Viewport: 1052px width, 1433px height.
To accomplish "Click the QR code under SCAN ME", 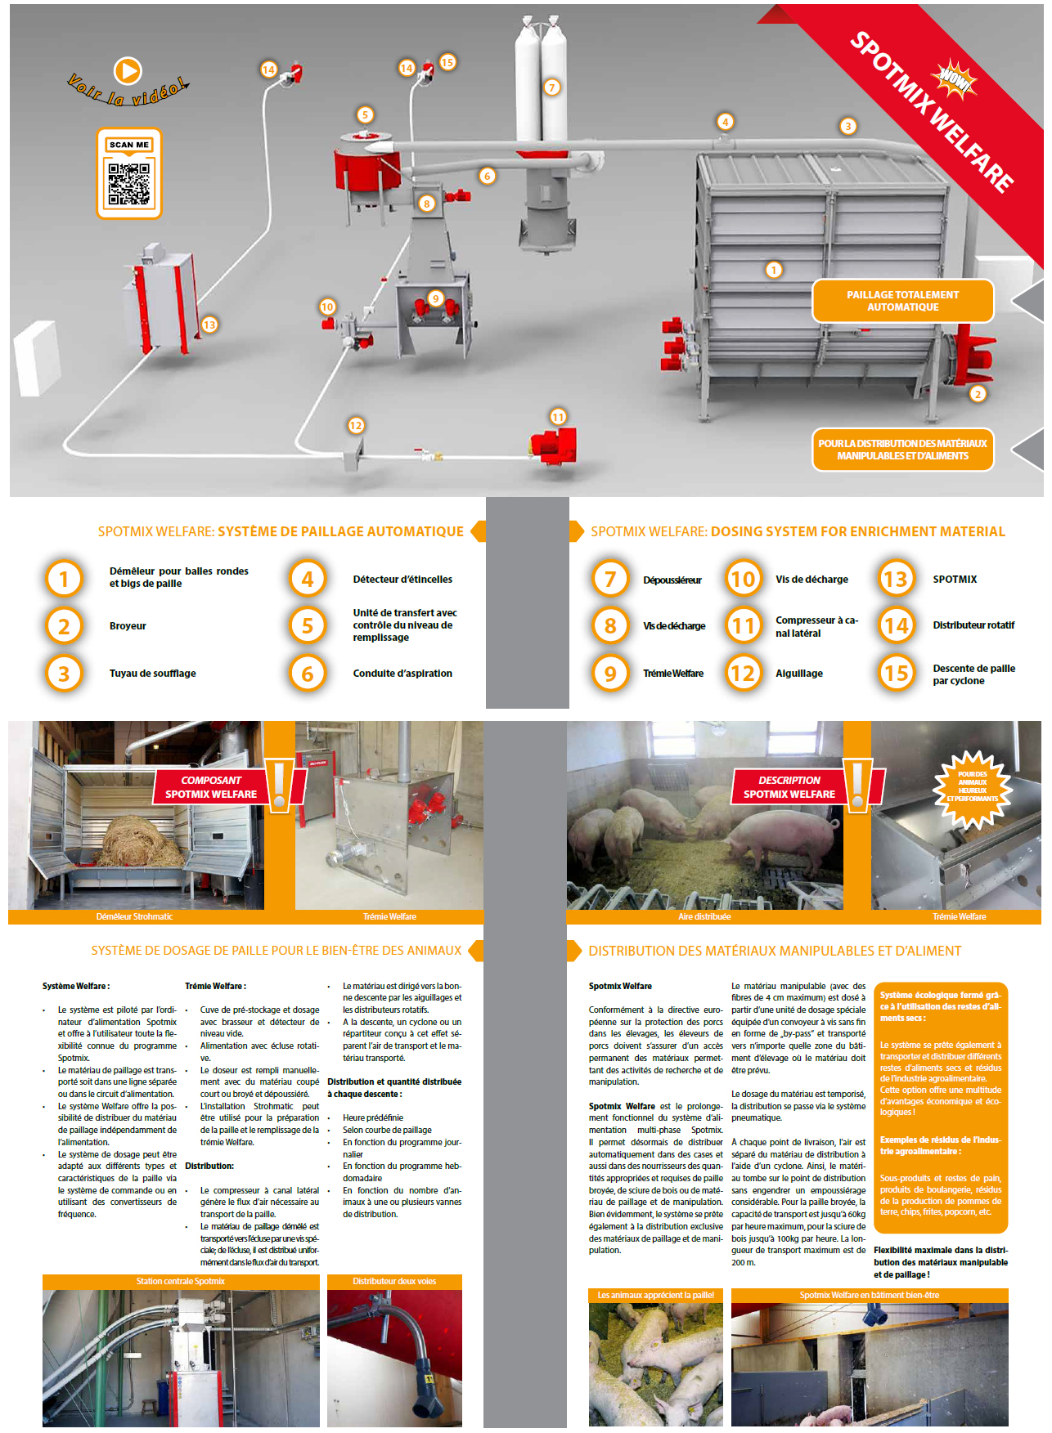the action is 129,184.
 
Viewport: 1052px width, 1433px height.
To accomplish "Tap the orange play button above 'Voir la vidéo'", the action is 128,71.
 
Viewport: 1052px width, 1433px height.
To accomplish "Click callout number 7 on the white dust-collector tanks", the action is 552,87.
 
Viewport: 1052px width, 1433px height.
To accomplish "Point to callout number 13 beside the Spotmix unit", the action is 209,325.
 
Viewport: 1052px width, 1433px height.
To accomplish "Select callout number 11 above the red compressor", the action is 558,417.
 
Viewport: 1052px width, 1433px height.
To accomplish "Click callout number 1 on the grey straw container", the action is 774,270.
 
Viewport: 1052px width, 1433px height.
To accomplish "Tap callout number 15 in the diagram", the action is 447,62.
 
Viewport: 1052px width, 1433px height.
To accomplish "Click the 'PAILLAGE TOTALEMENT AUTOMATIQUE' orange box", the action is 903,301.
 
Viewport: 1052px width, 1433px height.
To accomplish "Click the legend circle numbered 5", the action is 308,626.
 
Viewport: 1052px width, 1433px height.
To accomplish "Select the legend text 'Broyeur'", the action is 128,626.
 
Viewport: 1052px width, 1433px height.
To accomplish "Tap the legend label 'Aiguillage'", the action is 799,674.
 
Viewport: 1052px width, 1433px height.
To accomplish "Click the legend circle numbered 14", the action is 896,626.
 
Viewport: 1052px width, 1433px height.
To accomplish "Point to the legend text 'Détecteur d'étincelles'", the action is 402,580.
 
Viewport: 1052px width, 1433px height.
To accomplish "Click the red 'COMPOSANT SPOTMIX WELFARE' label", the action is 211,787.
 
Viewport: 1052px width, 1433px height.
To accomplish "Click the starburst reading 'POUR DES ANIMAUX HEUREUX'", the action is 973,786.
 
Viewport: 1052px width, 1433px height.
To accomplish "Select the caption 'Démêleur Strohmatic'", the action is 134,916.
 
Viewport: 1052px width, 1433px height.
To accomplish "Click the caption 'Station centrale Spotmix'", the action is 180,1281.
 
